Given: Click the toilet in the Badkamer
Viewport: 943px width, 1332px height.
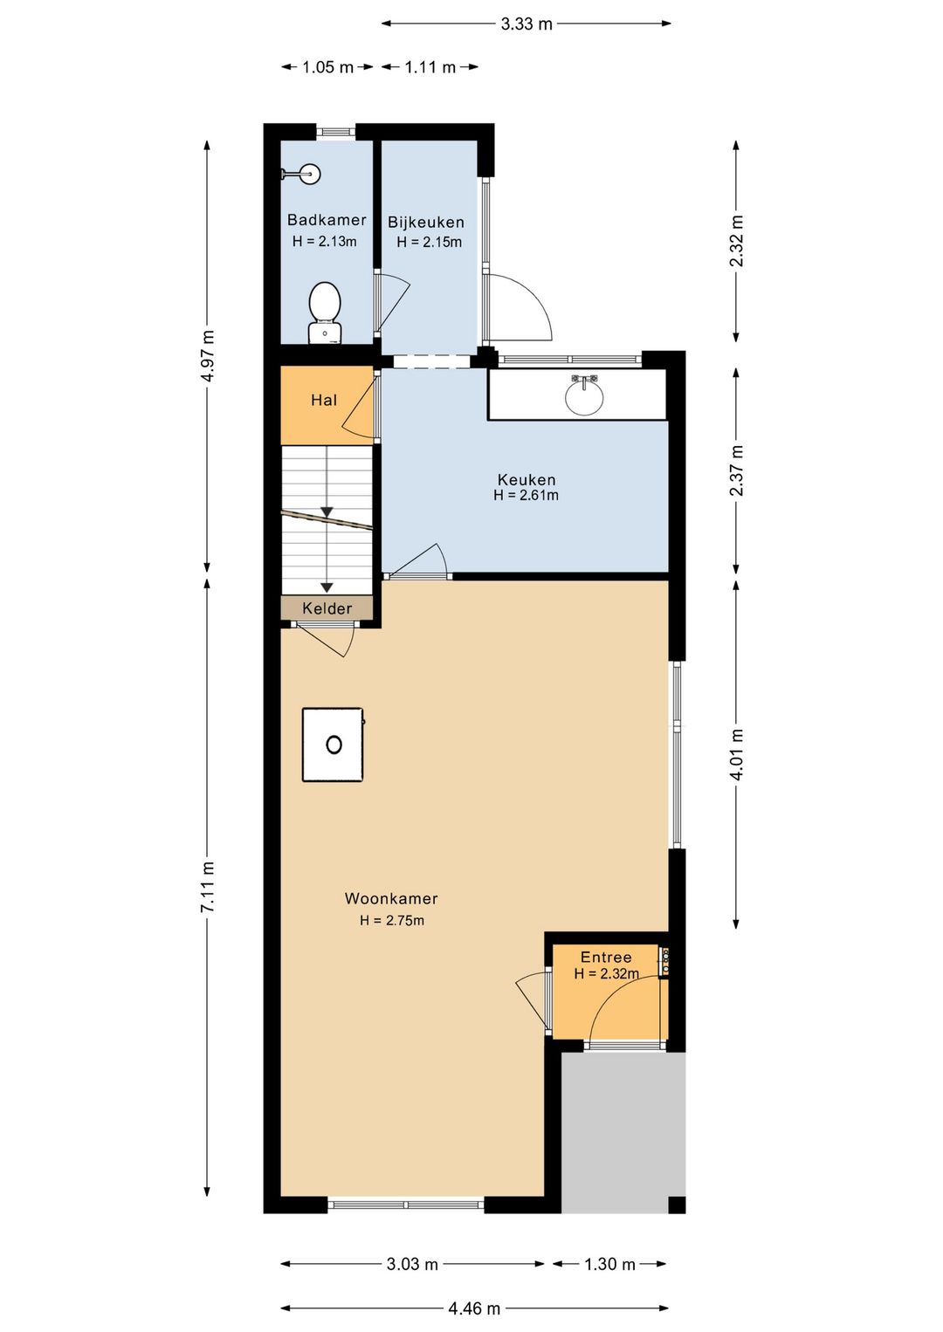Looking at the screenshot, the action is pyautogui.click(x=325, y=312).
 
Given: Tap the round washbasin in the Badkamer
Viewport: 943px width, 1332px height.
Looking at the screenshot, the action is pyautogui.click(x=309, y=175).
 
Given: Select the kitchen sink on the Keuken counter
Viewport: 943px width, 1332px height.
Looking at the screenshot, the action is pyautogui.click(x=584, y=395).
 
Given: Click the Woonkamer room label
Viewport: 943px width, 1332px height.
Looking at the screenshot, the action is pyautogui.click(x=391, y=898).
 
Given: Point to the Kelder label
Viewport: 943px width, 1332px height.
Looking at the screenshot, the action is pyautogui.click(x=327, y=608).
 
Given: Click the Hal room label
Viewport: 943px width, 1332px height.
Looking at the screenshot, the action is pyautogui.click(x=324, y=400).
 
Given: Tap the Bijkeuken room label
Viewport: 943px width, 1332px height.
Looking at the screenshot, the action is pyautogui.click(x=426, y=223).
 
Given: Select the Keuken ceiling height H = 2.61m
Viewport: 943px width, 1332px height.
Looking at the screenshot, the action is pyautogui.click(x=526, y=495).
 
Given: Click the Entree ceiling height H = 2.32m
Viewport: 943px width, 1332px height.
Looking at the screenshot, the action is pyautogui.click(x=606, y=974).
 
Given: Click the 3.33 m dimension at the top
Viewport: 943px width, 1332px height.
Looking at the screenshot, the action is pyautogui.click(x=526, y=24).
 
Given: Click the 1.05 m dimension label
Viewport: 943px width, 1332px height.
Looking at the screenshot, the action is pyautogui.click(x=327, y=67).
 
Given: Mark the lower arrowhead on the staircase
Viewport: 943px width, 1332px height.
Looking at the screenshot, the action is pyautogui.click(x=327, y=587).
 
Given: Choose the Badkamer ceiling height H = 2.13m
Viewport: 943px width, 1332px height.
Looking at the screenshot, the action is pyautogui.click(x=324, y=242).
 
